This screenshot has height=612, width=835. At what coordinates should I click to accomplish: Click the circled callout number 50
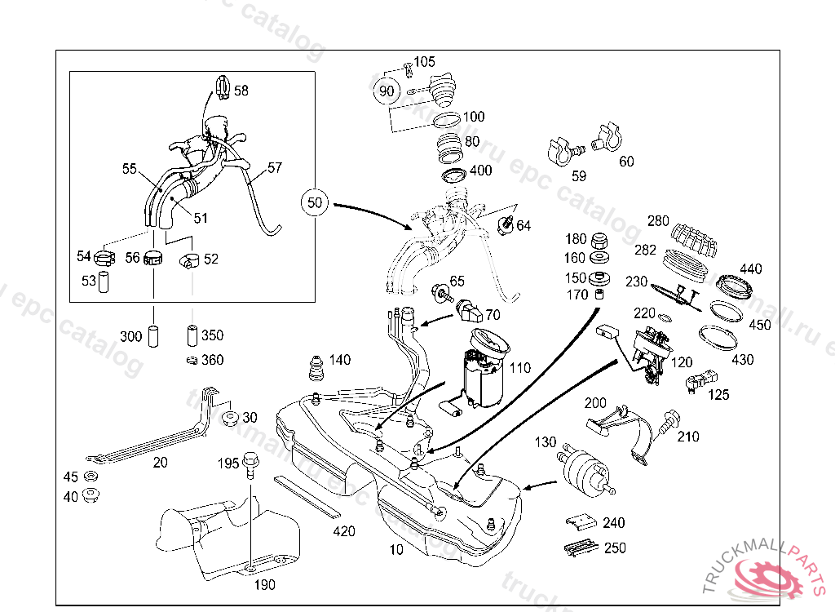point(316,202)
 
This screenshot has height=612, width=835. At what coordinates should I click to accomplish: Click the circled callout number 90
point(387,91)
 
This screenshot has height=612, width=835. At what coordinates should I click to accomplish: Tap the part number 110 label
point(519,368)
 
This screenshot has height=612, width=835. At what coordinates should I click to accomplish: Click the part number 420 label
point(344,531)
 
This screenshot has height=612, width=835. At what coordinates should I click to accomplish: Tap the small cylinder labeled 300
point(153,336)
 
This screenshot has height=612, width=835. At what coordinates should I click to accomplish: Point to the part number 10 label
point(395,550)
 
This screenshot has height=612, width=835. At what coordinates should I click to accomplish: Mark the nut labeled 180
point(599,241)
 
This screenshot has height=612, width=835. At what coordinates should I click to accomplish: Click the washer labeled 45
point(91,477)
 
